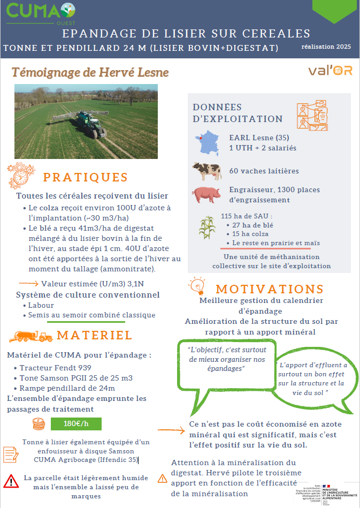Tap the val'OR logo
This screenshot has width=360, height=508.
(330, 71)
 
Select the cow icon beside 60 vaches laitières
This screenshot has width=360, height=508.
(206, 171)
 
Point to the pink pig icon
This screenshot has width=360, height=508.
(206, 194)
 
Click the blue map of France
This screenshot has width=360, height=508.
(206, 142)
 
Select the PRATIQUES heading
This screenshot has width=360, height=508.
(86, 178)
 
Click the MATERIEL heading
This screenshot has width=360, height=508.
(95, 335)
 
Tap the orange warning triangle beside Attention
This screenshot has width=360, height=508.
(163, 478)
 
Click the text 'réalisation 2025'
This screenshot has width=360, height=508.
(326, 47)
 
